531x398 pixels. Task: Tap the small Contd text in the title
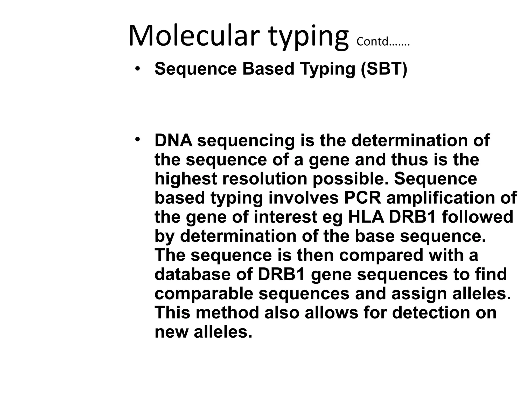click(383, 42)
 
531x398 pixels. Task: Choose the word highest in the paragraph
click(186, 179)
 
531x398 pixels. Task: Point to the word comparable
click(204, 294)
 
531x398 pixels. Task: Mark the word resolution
click(265, 179)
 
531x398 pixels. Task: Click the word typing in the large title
click(309, 36)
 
